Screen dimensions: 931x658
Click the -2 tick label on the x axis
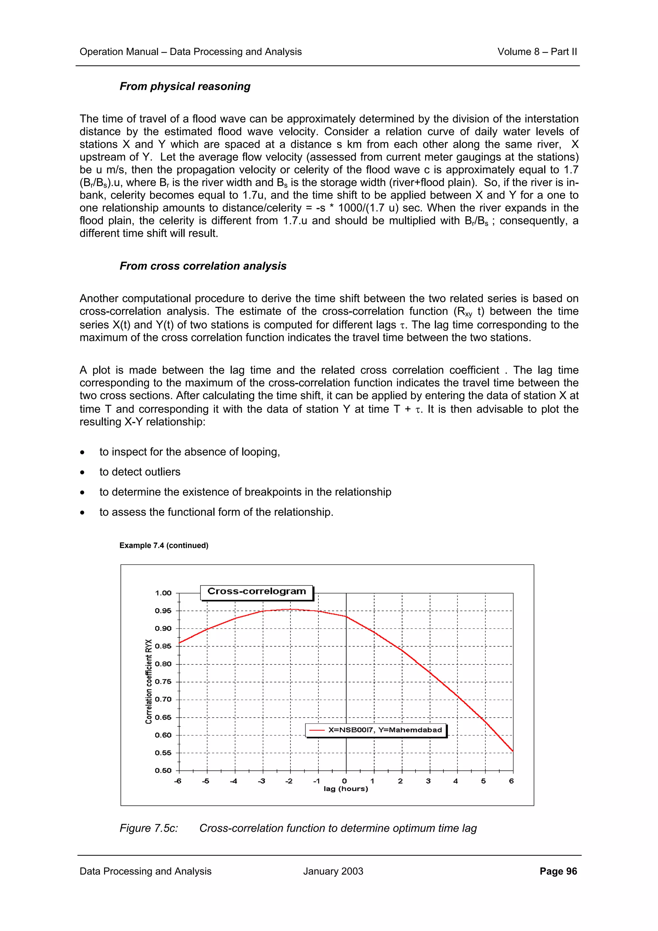click(289, 781)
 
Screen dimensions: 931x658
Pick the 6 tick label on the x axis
click(511, 781)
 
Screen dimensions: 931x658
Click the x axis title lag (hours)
click(345, 789)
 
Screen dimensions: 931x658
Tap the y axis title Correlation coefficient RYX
click(149, 681)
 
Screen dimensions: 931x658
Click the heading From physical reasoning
click(185, 86)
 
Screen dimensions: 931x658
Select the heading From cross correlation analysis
click(203, 266)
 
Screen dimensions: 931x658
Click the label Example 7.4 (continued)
click(164, 545)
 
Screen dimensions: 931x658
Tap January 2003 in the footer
click(333, 871)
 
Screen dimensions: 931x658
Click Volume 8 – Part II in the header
click(537, 52)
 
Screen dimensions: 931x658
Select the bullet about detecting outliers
click(139, 472)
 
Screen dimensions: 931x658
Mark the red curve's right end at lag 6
click(513, 751)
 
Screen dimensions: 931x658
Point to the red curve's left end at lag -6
click(180, 643)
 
